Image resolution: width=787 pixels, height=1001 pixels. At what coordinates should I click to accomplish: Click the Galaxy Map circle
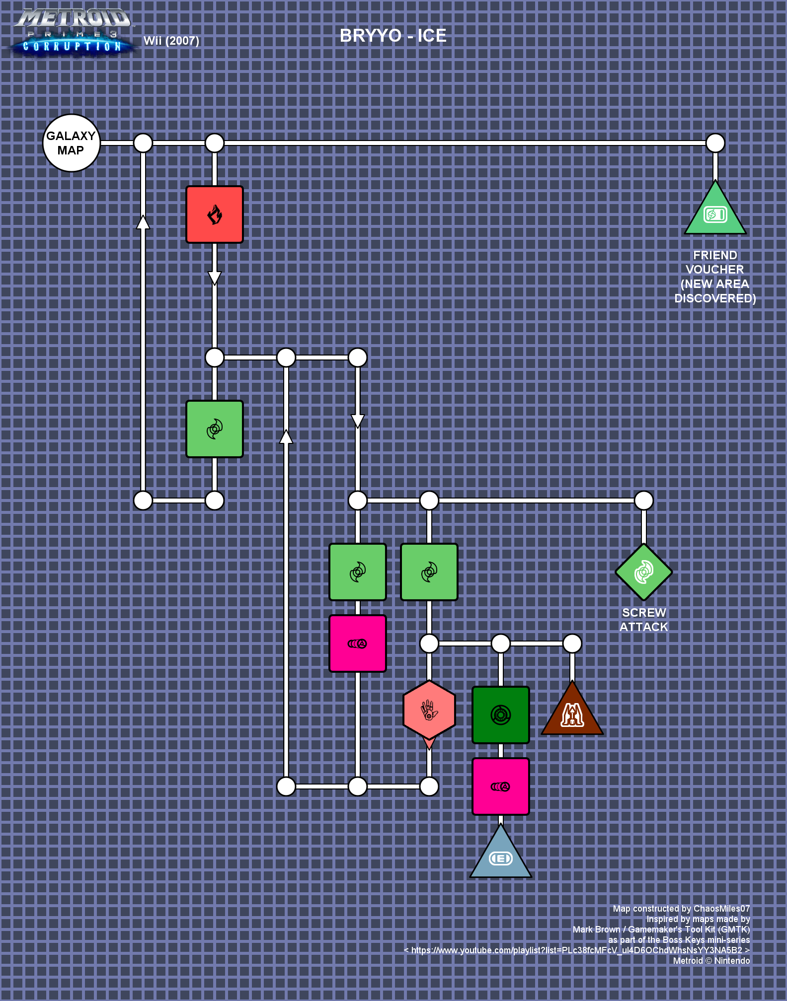72,143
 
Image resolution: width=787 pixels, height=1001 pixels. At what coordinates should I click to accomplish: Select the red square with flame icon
215,214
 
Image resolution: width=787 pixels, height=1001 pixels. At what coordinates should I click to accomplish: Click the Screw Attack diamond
644,572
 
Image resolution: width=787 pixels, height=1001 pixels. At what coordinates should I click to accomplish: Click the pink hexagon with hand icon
429,710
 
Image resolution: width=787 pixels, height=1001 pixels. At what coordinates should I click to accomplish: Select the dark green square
501,715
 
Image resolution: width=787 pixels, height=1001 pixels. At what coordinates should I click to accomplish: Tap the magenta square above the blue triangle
501,786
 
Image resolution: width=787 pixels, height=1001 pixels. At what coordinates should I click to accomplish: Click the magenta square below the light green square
358,643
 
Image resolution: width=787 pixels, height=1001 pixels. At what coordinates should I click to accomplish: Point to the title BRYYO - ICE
393,36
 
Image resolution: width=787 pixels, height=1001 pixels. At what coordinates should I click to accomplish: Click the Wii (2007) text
171,41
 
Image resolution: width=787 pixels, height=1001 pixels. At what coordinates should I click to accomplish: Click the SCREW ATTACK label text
644,620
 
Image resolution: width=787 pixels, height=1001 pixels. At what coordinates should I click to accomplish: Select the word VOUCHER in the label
715,270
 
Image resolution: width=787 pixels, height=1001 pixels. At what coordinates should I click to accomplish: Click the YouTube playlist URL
577,950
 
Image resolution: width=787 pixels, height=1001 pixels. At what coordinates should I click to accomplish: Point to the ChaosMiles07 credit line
681,909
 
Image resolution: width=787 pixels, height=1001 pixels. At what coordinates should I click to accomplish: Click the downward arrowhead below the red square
215,279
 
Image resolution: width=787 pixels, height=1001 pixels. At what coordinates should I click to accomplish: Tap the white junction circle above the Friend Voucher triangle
715,143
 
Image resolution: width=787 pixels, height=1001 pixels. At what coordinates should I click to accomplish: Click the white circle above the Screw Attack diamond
644,500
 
